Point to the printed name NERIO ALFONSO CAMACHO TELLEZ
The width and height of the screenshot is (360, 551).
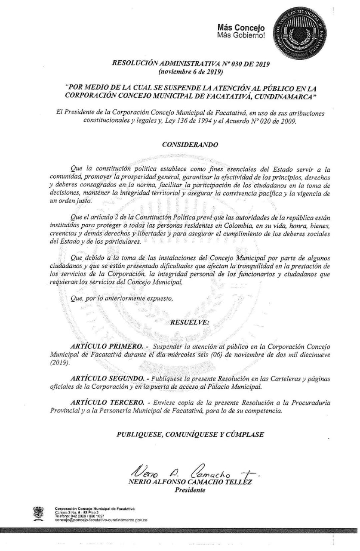pyautogui.click(x=190, y=483)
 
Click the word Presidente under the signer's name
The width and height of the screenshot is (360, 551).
pyautogui.click(x=190, y=490)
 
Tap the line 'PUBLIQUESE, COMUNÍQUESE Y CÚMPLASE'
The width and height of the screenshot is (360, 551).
pyautogui.click(x=190, y=434)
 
